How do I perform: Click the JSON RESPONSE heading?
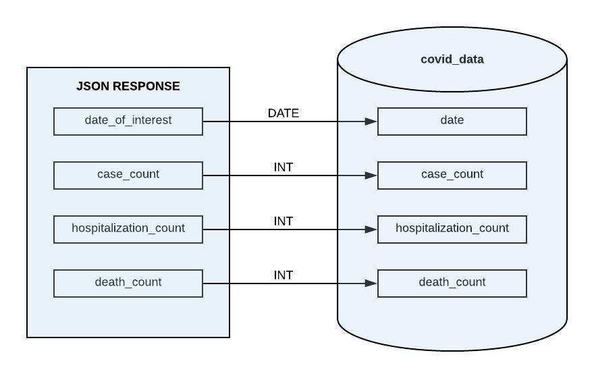pyautogui.click(x=128, y=86)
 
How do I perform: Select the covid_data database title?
pyautogui.click(x=452, y=59)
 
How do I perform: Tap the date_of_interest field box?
pyautogui.click(x=128, y=121)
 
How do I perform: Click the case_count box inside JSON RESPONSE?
pyautogui.click(x=128, y=175)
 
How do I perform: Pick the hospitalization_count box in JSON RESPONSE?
pyautogui.click(x=128, y=229)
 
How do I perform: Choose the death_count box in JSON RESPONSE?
pyautogui.click(x=128, y=283)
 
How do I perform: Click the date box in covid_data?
pyautogui.click(x=452, y=121)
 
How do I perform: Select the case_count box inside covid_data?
pyautogui.click(x=452, y=175)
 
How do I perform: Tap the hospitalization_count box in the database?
pyautogui.click(x=452, y=229)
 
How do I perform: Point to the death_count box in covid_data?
pyautogui.click(x=452, y=283)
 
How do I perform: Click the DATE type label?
pyautogui.click(x=283, y=113)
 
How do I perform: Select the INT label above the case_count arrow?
pyautogui.click(x=283, y=167)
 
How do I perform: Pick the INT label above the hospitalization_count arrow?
pyautogui.click(x=283, y=221)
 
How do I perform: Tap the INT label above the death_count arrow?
pyautogui.click(x=283, y=275)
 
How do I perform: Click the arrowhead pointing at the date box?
pyautogui.click(x=371, y=122)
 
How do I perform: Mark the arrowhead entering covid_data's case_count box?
pyautogui.click(x=371, y=175)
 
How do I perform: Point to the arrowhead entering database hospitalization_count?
pyautogui.click(x=371, y=230)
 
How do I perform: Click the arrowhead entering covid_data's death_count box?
pyautogui.click(x=371, y=283)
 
